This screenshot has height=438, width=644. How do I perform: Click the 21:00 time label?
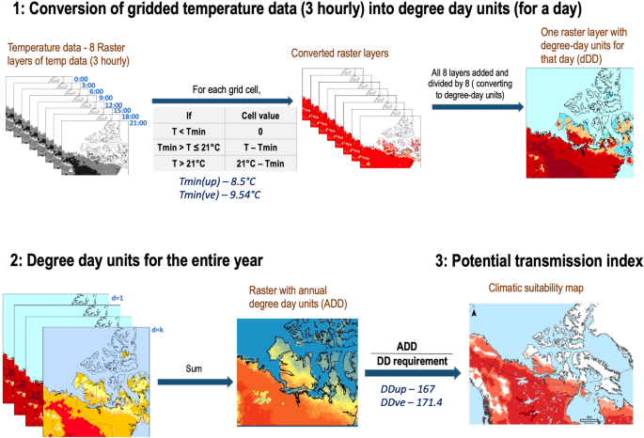(139, 123)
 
